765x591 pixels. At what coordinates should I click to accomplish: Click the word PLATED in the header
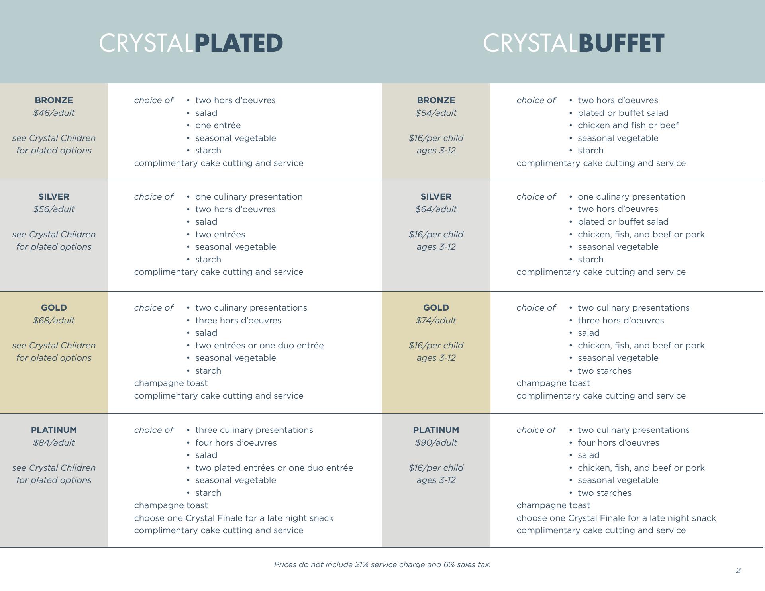pyautogui.click(x=238, y=43)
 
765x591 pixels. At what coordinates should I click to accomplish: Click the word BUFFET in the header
pyautogui.click(x=621, y=43)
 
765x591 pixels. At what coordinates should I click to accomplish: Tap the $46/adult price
pyautogui.click(x=54, y=113)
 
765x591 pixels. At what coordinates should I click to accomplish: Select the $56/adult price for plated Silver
pyautogui.click(x=54, y=209)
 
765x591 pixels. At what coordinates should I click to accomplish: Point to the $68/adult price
pyautogui.click(x=54, y=321)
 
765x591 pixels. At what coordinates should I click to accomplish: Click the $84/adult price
pyautogui.click(x=54, y=443)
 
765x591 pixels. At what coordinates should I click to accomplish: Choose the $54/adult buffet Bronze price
pyautogui.click(x=436, y=113)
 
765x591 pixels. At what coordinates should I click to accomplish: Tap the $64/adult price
pyautogui.click(x=436, y=209)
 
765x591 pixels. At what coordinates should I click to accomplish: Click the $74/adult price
pyautogui.click(x=436, y=321)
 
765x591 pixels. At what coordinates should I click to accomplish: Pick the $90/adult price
pyautogui.click(x=436, y=443)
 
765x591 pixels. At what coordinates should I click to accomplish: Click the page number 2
pyautogui.click(x=738, y=571)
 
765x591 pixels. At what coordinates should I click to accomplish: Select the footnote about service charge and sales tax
pyautogui.click(x=382, y=565)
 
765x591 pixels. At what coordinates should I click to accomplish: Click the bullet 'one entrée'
pyautogui.click(x=218, y=125)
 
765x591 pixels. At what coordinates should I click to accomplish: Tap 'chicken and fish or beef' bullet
pyautogui.click(x=628, y=125)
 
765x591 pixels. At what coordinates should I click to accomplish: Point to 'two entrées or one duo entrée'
pyautogui.click(x=259, y=346)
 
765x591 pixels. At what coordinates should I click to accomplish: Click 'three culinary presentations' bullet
pyautogui.click(x=254, y=430)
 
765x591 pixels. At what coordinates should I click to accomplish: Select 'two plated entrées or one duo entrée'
pyautogui.click(x=274, y=468)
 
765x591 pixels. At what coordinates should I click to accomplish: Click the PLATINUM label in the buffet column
pyautogui.click(x=436, y=430)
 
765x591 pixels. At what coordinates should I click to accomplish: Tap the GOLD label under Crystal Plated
pyautogui.click(x=54, y=308)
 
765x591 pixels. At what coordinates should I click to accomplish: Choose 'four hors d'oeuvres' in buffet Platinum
pyautogui.click(x=618, y=443)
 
